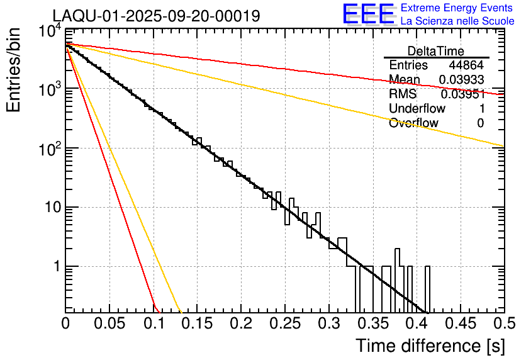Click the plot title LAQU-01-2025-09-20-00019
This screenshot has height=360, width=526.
156,16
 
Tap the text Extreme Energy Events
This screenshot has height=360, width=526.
457,8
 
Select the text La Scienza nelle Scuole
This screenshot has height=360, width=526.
457,21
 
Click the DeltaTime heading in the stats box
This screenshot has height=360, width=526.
436,51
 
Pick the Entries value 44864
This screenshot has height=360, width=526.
466,65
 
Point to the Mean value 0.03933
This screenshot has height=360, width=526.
461,80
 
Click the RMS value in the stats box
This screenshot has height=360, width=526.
462,94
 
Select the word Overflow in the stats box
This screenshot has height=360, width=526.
413,123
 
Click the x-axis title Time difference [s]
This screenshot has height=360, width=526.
429,346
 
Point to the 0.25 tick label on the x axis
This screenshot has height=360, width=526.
284,324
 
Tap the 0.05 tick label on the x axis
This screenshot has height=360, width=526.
109,324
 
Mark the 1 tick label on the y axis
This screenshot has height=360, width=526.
54,267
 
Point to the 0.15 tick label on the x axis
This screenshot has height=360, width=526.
197,324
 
